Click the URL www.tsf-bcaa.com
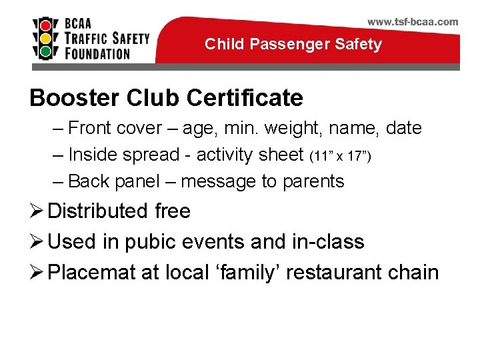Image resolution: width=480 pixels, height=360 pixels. coord(413,21)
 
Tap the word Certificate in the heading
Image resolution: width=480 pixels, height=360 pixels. coord(245,98)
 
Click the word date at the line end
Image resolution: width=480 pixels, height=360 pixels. coord(404,128)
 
